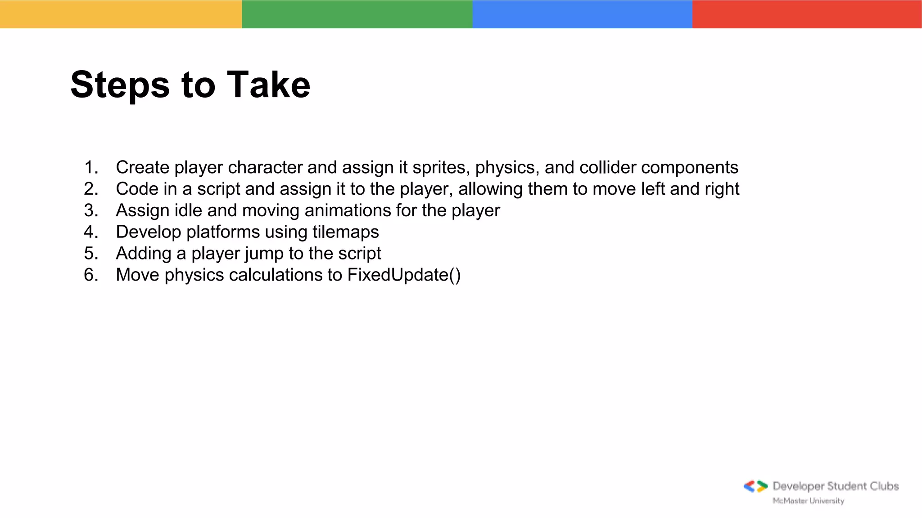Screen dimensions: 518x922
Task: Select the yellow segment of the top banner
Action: coord(121,14)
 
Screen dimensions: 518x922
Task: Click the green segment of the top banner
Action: coord(357,14)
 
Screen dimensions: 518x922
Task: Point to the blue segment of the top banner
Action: coord(582,14)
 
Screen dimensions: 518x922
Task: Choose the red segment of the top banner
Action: coord(807,14)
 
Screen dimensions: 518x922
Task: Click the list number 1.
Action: coord(90,167)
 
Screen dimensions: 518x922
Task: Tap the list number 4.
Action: coord(90,232)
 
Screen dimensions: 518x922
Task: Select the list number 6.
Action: coord(90,275)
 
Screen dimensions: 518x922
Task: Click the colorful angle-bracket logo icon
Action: coord(755,486)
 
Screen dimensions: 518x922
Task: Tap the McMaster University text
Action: coord(808,501)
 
